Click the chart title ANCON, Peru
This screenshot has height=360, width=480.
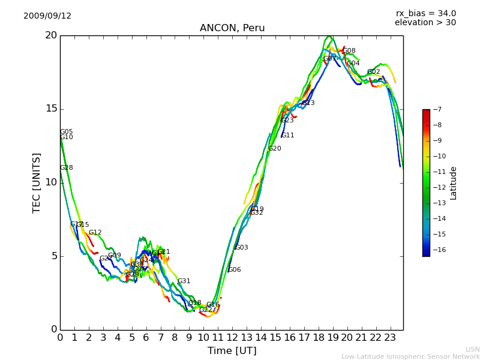pyautogui.click(x=232, y=28)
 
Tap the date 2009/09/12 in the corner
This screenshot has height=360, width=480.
pyautogui.click(x=47, y=16)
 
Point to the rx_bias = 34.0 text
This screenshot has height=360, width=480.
pyautogui.click(x=426, y=14)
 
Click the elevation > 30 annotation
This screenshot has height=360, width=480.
pyautogui.click(x=425, y=23)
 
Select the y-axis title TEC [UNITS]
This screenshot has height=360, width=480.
pyautogui.click(x=37, y=182)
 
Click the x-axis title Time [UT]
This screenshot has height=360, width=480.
pyautogui.click(x=232, y=350)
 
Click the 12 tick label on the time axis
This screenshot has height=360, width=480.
pyautogui.click(x=232, y=337)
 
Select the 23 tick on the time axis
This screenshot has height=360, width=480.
pyautogui.click(x=390, y=337)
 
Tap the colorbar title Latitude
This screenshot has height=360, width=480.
pyautogui.click(x=454, y=182)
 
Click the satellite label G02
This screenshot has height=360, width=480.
pyautogui.click(x=374, y=72)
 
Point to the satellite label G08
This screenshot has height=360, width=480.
pyautogui.click(x=349, y=51)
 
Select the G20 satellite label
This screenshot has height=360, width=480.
pyautogui.click(x=275, y=149)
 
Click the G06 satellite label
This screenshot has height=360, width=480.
pyautogui.click(x=235, y=270)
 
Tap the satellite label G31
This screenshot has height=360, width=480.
pyautogui.click(x=184, y=281)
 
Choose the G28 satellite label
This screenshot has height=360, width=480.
pyautogui.click(x=67, y=168)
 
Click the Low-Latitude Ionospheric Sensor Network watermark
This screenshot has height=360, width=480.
pyautogui.click(x=410, y=357)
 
